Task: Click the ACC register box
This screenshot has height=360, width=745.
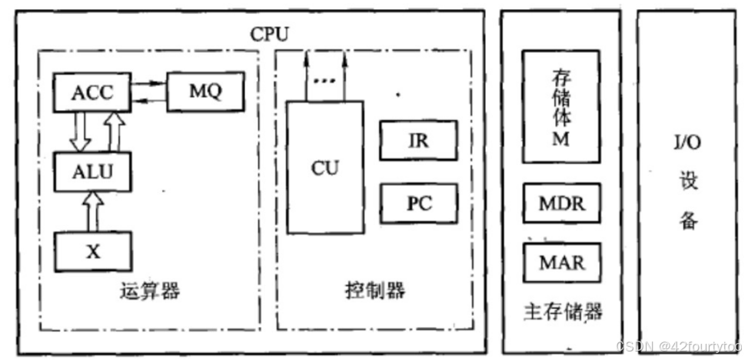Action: pos(91,92)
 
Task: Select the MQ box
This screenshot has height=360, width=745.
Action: pos(205,92)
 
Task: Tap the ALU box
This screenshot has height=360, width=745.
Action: pos(92,171)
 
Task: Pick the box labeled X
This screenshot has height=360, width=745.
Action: pos(92,251)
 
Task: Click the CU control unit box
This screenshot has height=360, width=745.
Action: pos(325,167)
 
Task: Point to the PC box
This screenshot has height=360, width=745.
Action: pos(418,203)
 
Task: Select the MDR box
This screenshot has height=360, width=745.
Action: pos(561,204)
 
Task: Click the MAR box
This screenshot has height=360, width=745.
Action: pos(561,262)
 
